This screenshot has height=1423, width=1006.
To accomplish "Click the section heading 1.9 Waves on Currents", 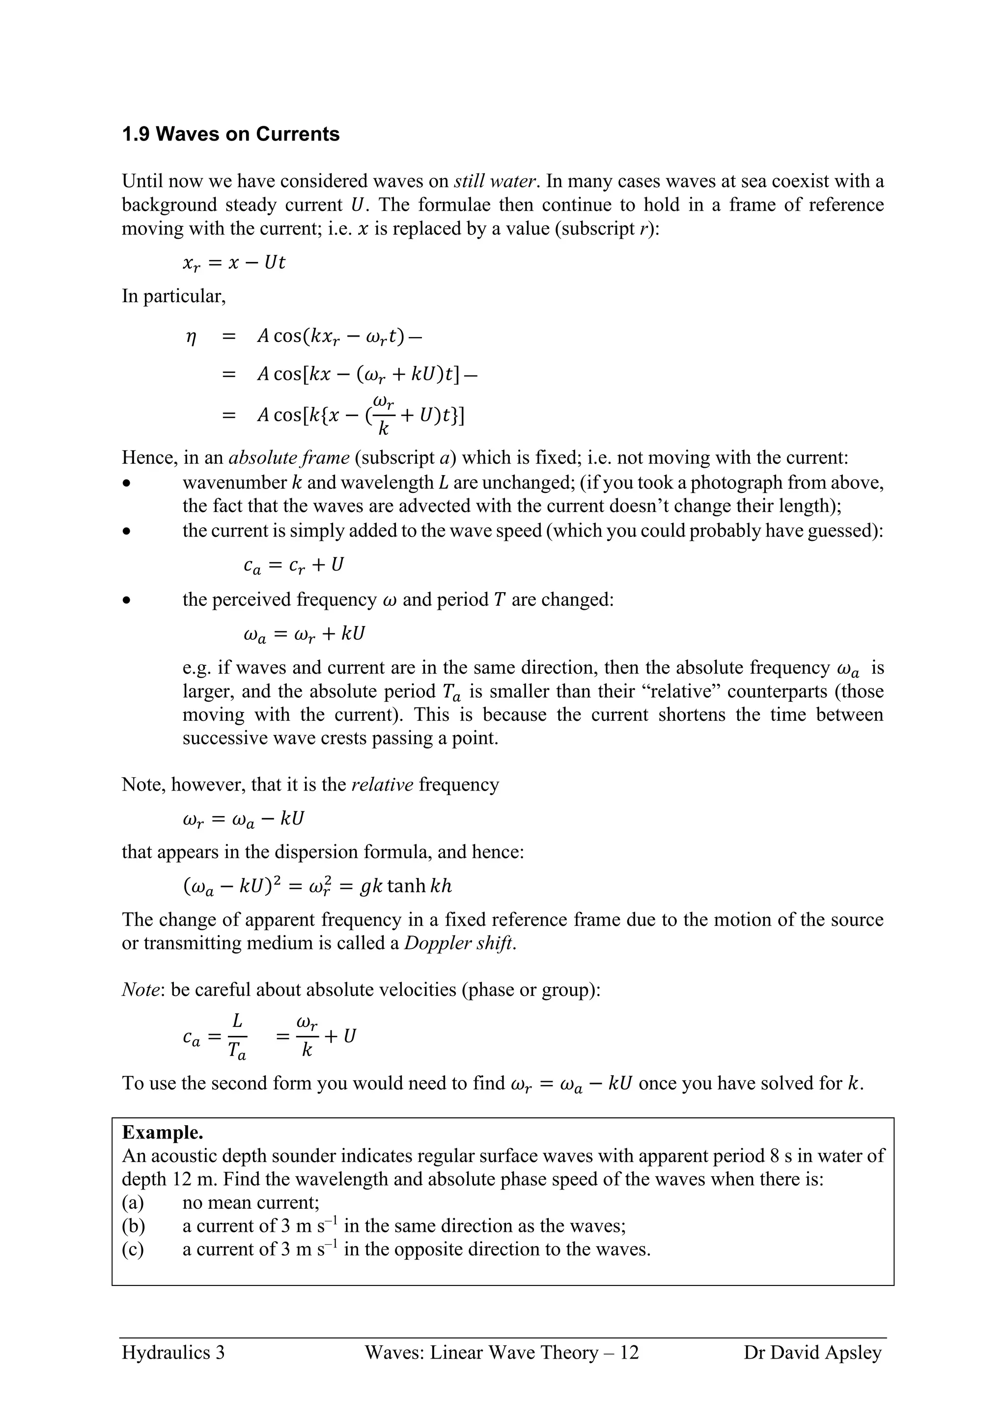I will coord(230,135).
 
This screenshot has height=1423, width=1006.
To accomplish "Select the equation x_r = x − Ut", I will coord(234,263).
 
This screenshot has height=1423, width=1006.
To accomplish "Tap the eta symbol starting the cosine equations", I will coord(192,337).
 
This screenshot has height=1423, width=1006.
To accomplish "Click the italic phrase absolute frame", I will coord(289,458).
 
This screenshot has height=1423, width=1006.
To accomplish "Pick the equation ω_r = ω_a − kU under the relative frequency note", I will coord(244,819).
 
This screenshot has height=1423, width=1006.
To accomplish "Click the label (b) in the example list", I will coord(133,1225).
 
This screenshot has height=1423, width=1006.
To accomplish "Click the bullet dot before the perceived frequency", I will coord(127,600).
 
